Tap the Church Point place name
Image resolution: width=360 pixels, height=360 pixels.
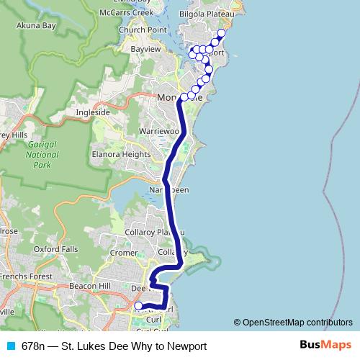(x=143, y=30)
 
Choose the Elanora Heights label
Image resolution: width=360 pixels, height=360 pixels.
(x=121, y=154)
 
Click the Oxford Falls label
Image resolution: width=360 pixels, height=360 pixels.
(x=55, y=249)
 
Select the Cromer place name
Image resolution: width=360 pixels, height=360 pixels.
(x=124, y=253)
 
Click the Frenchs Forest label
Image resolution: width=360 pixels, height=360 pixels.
(x=25, y=276)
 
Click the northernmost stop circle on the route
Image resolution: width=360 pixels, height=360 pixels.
(x=221, y=33)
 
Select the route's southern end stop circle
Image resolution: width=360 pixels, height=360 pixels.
(x=139, y=306)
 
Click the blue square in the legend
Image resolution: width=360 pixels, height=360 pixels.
(x=11, y=346)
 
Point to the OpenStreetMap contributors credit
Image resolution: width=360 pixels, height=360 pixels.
(x=297, y=323)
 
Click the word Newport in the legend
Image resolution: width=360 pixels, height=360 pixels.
(x=189, y=346)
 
